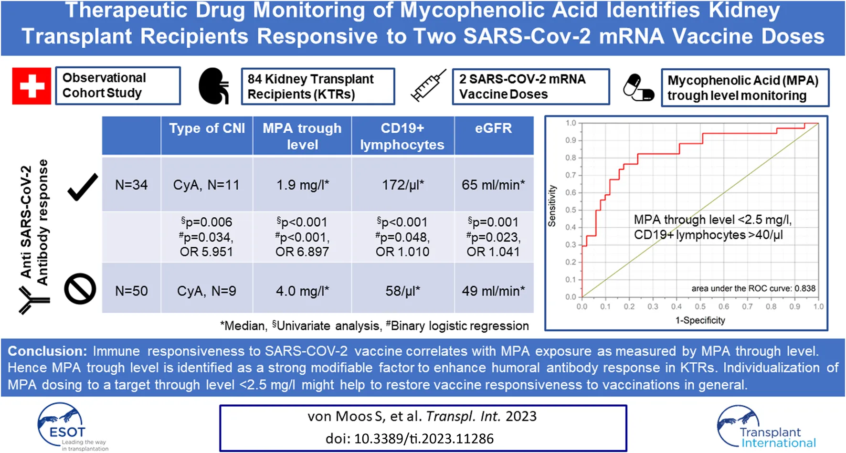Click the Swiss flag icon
pyautogui.click(x=32, y=86)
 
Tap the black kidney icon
pyautogui.click(x=213, y=86)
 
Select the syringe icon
pyautogui.click(x=428, y=86)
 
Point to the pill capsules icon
pyautogui.click(x=638, y=87)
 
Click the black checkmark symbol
pyautogui.click(x=83, y=187)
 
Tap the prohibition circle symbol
pyautogui.click(x=80, y=289)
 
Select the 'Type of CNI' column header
pyautogui.click(x=207, y=128)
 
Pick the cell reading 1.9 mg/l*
pyautogui.click(x=302, y=185)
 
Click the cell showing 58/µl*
pyautogui.click(x=402, y=291)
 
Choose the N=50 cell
pyautogui.click(x=131, y=291)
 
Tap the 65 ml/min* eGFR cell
pyautogui.click(x=493, y=185)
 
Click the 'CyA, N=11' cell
pyautogui.click(x=206, y=185)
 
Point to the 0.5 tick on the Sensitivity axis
pyautogui.click(x=571, y=210)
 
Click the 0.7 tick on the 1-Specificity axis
pyautogui.click(x=747, y=306)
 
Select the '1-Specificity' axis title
pyautogui.click(x=700, y=320)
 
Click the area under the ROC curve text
pyautogui.click(x=753, y=288)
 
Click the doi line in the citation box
pyautogui.click(x=409, y=439)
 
